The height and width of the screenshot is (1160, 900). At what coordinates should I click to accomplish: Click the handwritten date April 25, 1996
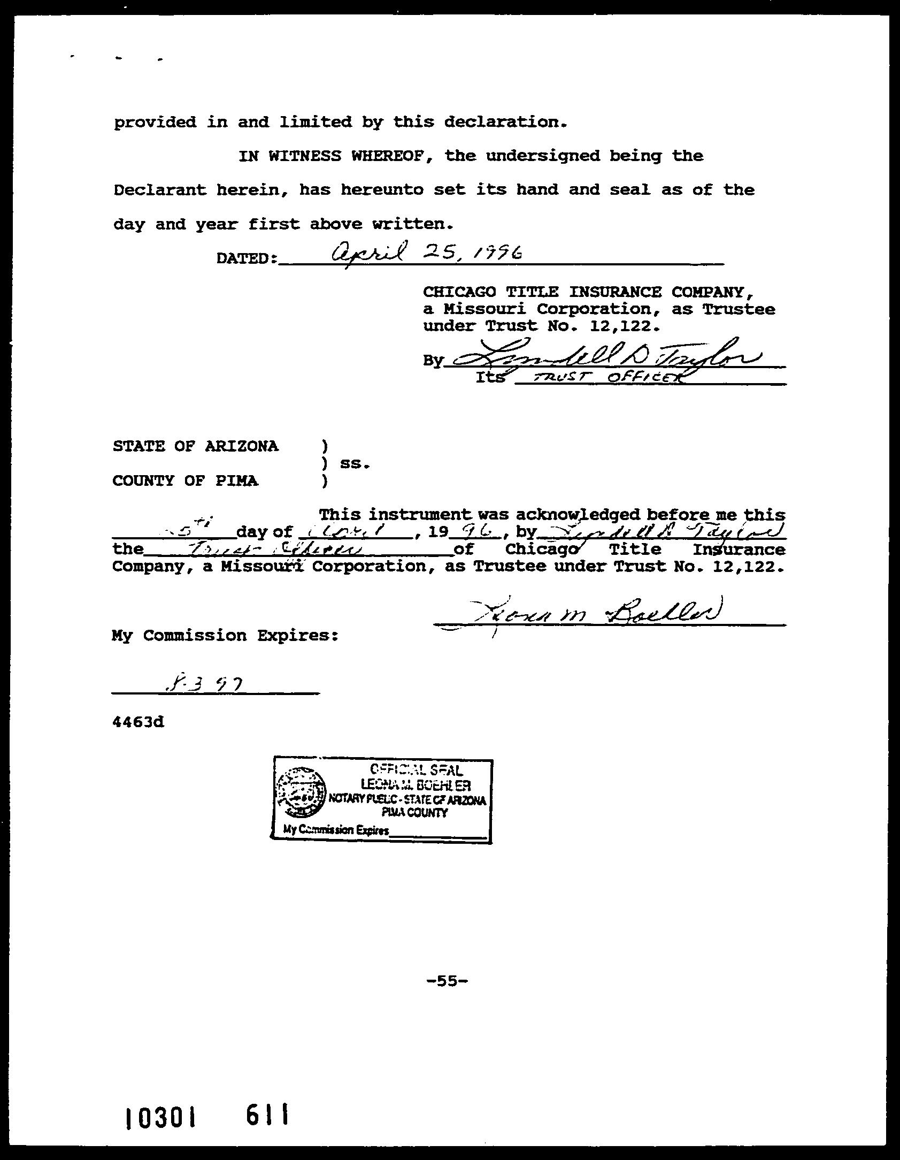(426, 252)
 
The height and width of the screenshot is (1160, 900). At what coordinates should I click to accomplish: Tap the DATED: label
(247, 258)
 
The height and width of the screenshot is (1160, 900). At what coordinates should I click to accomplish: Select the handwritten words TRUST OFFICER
(602, 378)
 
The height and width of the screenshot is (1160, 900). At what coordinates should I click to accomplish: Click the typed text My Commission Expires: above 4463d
(225, 636)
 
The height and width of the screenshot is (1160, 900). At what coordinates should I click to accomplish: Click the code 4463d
(138, 722)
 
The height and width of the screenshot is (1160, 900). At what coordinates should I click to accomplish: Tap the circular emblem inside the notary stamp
(301, 793)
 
